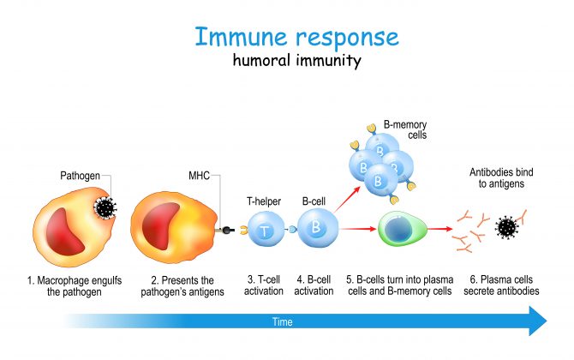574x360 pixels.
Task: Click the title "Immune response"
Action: pos(296,37)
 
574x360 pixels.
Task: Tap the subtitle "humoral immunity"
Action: pos(297,60)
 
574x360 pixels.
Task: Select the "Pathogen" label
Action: pos(80,176)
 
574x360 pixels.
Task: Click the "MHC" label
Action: pos(199,176)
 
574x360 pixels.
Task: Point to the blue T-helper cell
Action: pos(266,230)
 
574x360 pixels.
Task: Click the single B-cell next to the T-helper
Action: pos(317,228)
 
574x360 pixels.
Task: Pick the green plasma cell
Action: pos(402,229)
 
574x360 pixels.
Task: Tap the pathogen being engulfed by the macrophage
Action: pos(105,208)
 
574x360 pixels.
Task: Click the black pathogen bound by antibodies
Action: pos(506,227)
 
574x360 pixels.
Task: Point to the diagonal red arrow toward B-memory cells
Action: pos(346,199)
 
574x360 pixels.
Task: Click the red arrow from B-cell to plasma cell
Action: pos(357,229)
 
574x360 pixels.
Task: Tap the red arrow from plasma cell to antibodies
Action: pos(440,229)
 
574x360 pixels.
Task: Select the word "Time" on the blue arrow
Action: pos(282,322)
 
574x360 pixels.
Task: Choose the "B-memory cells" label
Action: pos(405,129)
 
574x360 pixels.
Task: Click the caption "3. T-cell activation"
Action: pos(264,285)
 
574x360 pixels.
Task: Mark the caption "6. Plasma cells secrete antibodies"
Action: pos(501,285)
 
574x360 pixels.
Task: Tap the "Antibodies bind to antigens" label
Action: pos(501,177)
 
